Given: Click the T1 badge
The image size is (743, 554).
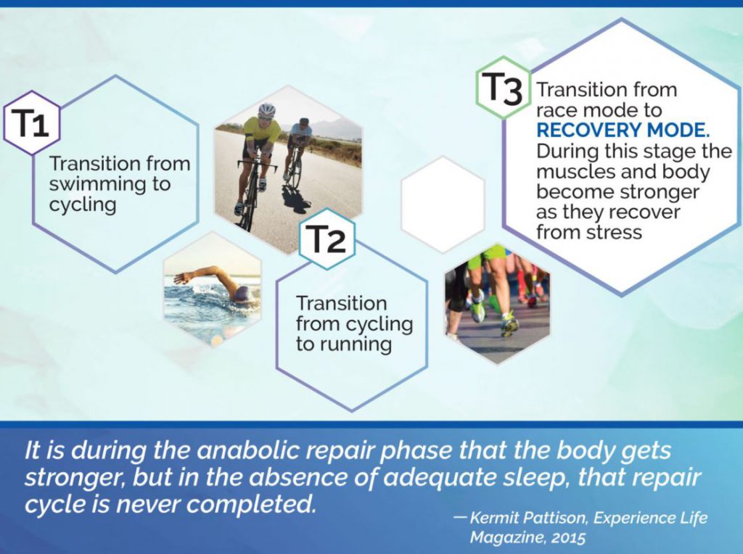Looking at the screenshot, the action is click(32, 123).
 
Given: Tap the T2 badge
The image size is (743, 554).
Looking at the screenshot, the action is click(327, 239).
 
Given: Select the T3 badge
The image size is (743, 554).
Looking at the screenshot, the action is click(504, 88).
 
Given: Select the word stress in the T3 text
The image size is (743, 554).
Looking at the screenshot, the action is click(614, 233).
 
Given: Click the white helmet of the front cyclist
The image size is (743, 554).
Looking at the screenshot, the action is click(267, 110).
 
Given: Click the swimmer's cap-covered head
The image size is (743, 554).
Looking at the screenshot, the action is click(242, 294).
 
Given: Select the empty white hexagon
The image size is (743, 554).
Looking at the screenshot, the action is click(443, 204).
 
